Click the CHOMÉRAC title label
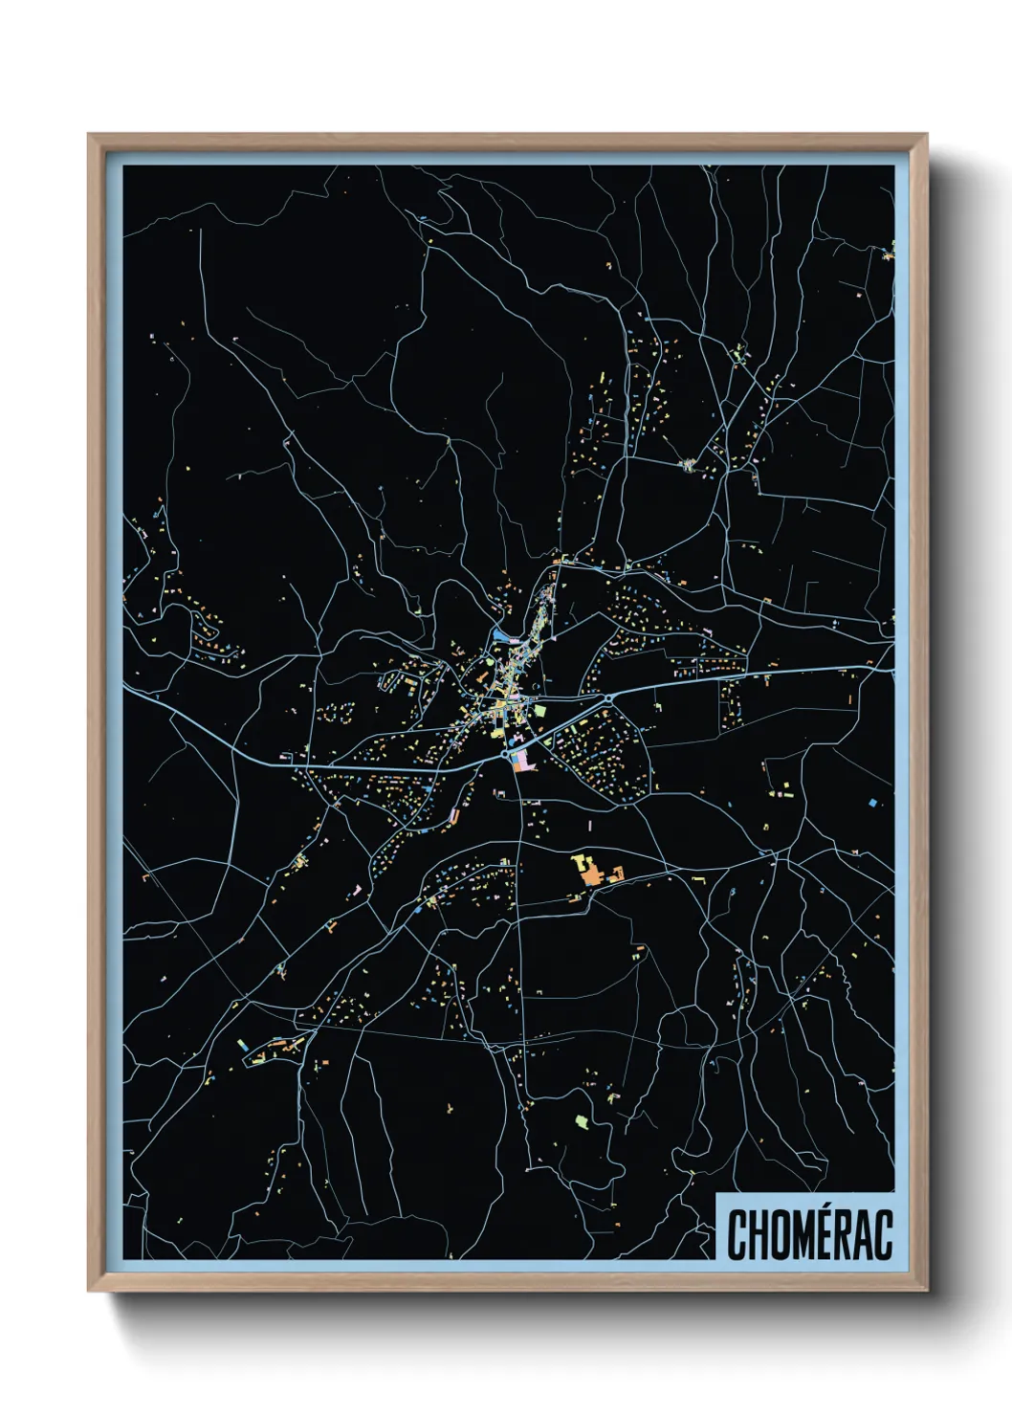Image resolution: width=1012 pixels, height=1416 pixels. (x=809, y=1234)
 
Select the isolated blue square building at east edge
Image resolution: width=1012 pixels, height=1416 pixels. (x=872, y=800)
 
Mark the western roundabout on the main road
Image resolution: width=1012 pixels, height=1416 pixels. (x=505, y=755)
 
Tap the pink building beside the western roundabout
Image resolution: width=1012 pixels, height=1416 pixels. (x=522, y=761)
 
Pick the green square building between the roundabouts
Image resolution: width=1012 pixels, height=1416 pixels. (x=539, y=711)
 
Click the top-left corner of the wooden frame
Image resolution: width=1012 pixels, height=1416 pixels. (x=89, y=135)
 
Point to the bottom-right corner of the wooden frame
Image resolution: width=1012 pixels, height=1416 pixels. (x=926, y=1291)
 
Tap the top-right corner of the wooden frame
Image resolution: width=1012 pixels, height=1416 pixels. (x=926, y=135)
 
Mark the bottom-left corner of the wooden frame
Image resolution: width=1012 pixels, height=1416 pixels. (x=89, y=1291)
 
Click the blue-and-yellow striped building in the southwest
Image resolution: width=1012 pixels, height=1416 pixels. (x=243, y=1046)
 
